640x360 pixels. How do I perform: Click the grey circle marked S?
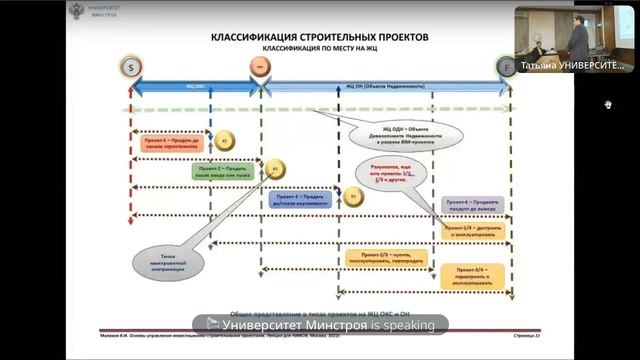[x=131, y=67]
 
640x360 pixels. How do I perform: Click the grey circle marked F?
[x=506, y=67]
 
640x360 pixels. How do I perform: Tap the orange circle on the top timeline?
[x=258, y=67]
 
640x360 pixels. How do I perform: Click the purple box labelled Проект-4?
[x=472, y=204]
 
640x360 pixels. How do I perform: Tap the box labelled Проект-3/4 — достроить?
[x=475, y=231]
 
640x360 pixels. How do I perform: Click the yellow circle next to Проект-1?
[x=224, y=141]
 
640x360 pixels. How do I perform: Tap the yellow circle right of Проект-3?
[x=355, y=197]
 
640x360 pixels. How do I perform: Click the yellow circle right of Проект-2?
[x=277, y=168]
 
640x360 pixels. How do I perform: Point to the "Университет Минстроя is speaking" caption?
[x=320, y=324]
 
